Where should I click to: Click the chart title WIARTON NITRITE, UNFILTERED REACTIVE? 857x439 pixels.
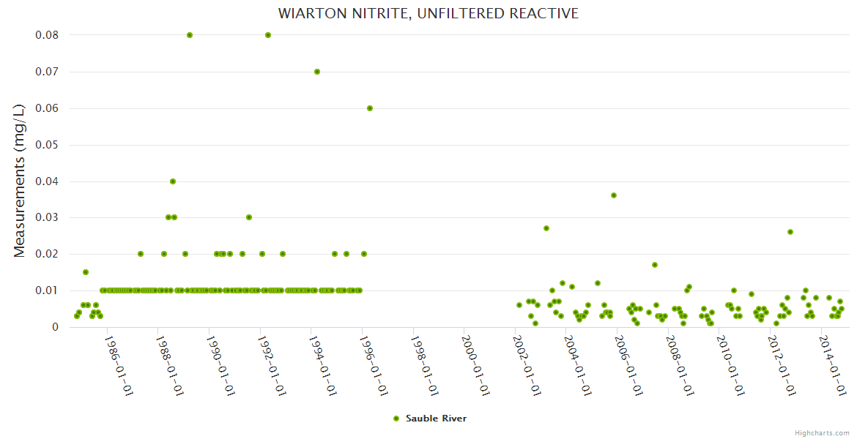pos(428,13)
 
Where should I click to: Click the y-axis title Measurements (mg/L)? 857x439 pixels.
pos(20,180)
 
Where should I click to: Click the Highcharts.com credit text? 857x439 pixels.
pos(822,432)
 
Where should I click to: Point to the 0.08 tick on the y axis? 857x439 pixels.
pos(47,35)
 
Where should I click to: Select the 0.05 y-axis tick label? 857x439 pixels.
pos(47,145)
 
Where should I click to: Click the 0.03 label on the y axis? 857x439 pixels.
pos(47,218)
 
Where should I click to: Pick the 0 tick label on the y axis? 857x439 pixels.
pos(55,327)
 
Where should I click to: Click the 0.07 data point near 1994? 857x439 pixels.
pos(317,72)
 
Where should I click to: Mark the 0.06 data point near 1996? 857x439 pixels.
pos(370,108)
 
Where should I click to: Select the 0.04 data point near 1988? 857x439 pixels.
pos(173,181)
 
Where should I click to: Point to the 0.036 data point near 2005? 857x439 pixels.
pos(614,195)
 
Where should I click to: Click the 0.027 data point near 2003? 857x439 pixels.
pos(546,228)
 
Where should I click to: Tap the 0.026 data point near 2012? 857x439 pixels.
pos(790,232)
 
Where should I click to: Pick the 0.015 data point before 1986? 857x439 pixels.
pos(86,272)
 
